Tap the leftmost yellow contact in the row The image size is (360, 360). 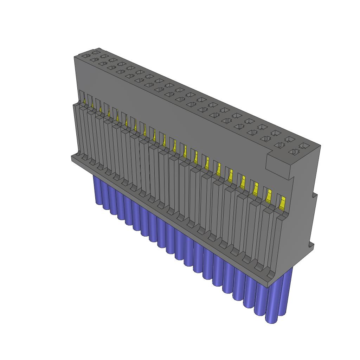[x=85, y=101]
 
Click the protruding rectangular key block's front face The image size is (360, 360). [x=278, y=165]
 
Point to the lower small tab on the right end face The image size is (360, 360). [x=311, y=245]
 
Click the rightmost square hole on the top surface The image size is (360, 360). [x=303, y=145]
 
